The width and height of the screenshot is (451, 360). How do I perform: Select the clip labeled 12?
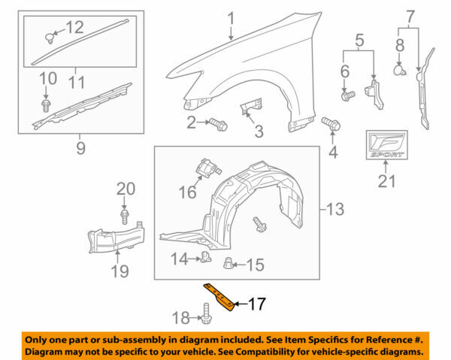(53, 35)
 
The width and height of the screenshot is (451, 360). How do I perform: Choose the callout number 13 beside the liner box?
(335, 207)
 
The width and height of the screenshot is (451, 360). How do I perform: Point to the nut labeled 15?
(229, 263)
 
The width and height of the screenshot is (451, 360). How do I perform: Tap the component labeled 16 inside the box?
(207, 168)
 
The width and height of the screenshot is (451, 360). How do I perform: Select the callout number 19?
(120, 271)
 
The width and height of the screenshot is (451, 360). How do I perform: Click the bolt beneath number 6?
(348, 95)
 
